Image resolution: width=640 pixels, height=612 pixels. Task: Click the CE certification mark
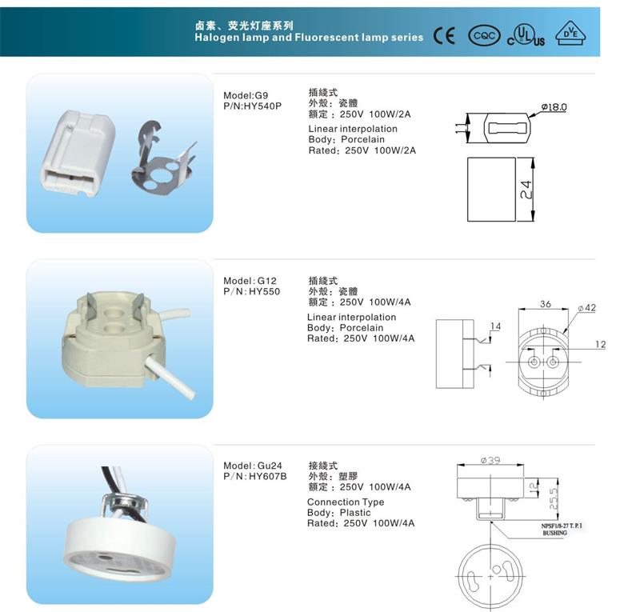444,36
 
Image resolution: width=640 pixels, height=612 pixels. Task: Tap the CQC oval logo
484,36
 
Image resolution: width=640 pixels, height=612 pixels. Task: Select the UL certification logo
526,35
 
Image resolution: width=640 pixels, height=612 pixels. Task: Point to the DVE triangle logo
570,34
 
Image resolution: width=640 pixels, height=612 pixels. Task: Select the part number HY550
265,291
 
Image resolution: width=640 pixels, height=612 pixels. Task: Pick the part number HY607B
268,476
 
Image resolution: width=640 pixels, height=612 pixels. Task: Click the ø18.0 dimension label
554,107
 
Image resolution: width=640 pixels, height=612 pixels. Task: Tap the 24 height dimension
526,190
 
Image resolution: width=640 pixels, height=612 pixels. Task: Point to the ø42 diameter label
587,308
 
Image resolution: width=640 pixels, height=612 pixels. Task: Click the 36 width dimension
546,304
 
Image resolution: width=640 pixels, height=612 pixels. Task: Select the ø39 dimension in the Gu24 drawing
490,460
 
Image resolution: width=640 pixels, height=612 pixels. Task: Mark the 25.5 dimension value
553,498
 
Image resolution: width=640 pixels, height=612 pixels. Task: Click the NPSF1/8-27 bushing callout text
562,529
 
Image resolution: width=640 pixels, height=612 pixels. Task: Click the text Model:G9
246,95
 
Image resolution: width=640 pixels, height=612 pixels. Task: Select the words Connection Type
346,502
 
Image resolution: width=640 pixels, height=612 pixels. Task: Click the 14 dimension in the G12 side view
495,326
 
